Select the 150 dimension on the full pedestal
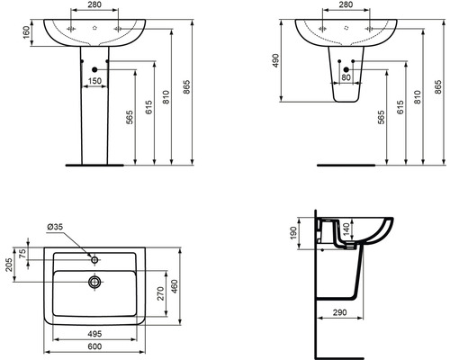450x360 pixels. click(93, 80)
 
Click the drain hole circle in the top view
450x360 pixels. click(94, 282)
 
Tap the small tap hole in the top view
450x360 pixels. click(94, 257)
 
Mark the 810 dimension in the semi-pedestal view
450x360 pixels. click(416, 96)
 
